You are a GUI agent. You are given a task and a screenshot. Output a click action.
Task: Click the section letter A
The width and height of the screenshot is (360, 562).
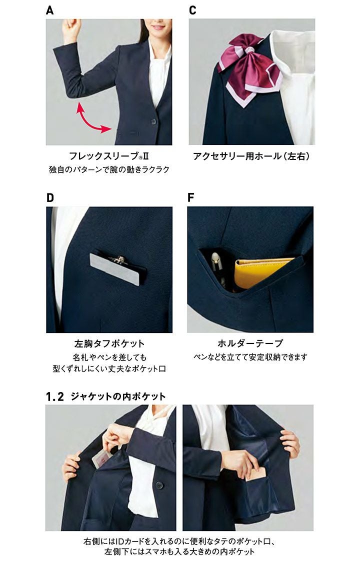click(x=50, y=10)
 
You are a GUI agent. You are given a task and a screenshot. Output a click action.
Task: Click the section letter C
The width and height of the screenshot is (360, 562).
click(x=192, y=10)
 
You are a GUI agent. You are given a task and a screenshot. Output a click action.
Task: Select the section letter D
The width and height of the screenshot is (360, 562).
click(x=50, y=197)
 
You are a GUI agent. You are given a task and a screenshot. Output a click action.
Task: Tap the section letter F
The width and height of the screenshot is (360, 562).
click(x=191, y=197)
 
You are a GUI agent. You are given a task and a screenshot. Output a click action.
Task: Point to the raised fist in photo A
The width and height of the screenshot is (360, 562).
click(x=71, y=28)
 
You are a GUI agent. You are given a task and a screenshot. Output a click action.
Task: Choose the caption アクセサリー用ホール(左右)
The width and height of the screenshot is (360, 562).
click(x=251, y=156)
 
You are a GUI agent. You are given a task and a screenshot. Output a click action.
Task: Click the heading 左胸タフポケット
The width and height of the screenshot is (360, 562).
click(x=109, y=343)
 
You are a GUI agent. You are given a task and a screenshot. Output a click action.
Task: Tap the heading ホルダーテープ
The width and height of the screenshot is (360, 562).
click(x=250, y=343)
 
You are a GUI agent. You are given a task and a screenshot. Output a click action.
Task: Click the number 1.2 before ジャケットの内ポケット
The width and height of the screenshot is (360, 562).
click(x=55, y=397)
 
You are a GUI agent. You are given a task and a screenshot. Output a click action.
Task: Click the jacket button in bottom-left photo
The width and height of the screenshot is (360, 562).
click(x=159, y=485)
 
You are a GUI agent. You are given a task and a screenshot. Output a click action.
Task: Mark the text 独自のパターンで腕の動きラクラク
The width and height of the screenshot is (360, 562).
click(x=109, y=169)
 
